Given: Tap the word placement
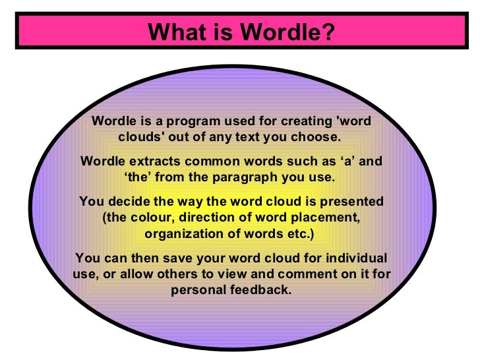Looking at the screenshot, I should click(324, 217).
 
